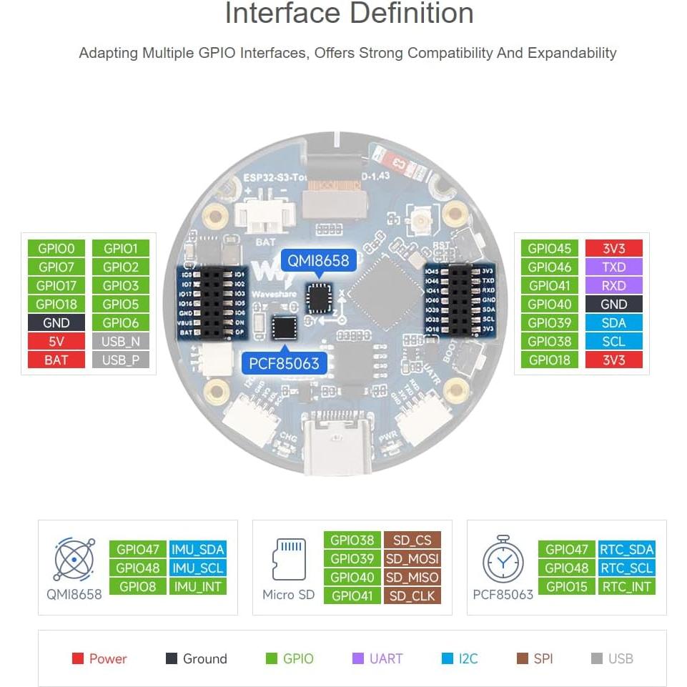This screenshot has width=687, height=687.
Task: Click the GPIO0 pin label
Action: (56, 248)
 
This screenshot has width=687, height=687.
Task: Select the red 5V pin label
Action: (56, 341)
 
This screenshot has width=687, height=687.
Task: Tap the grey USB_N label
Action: (121, 341)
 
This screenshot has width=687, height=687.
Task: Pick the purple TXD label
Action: (614, 267)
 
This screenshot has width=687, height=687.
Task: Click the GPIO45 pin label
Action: (550, 248)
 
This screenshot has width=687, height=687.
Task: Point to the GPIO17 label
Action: (56, 285)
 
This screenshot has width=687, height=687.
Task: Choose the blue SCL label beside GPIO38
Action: (614, 341)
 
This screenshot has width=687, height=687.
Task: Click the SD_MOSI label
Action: (412, 558)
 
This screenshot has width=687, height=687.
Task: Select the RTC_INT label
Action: (627, 586)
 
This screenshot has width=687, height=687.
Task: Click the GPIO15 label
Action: (566, 586)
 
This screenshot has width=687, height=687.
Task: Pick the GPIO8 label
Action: (137, 586)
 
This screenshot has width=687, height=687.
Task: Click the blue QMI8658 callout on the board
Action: (319, 260)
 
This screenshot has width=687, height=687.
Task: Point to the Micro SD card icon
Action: (288, 558)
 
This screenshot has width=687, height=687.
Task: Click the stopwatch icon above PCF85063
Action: (503, 558)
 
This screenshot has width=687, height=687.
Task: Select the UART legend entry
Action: (378, 658)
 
